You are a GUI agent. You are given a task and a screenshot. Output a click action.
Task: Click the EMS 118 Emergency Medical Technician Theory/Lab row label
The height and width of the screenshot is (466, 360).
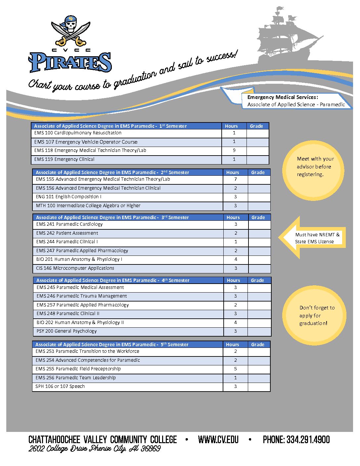click(90, 150)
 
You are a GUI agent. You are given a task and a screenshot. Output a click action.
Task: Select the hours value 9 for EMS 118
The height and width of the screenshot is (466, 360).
click(234, 150)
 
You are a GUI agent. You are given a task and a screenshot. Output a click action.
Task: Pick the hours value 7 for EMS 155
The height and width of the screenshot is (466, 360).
click(236, 179)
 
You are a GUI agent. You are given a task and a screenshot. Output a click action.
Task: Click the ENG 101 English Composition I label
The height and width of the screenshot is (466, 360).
click(68, 197)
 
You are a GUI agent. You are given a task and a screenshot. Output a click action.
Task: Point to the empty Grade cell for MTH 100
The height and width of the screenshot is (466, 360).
click(259, 206)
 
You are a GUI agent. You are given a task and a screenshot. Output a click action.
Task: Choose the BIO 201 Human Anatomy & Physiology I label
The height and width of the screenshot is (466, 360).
click(79, 259)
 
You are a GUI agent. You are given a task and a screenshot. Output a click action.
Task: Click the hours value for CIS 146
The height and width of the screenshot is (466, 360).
click(236, 268)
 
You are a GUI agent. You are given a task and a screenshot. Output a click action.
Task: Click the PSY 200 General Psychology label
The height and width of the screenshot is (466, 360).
click(67, 331)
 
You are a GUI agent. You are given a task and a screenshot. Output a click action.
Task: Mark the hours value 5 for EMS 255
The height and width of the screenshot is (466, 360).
click(236, 369)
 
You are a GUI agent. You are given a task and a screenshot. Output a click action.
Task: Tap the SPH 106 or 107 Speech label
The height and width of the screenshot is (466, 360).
click(60, 386)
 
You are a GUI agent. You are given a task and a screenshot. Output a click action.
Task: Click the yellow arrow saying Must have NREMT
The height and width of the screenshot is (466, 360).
click(313, 238)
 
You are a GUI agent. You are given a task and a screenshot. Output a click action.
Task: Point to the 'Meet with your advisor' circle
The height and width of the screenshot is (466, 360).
click(313, 170)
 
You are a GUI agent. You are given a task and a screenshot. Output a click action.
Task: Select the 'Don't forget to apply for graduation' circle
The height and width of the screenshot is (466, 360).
click(314, 316)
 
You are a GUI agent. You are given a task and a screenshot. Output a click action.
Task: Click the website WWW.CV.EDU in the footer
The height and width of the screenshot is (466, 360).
click(218, 440)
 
